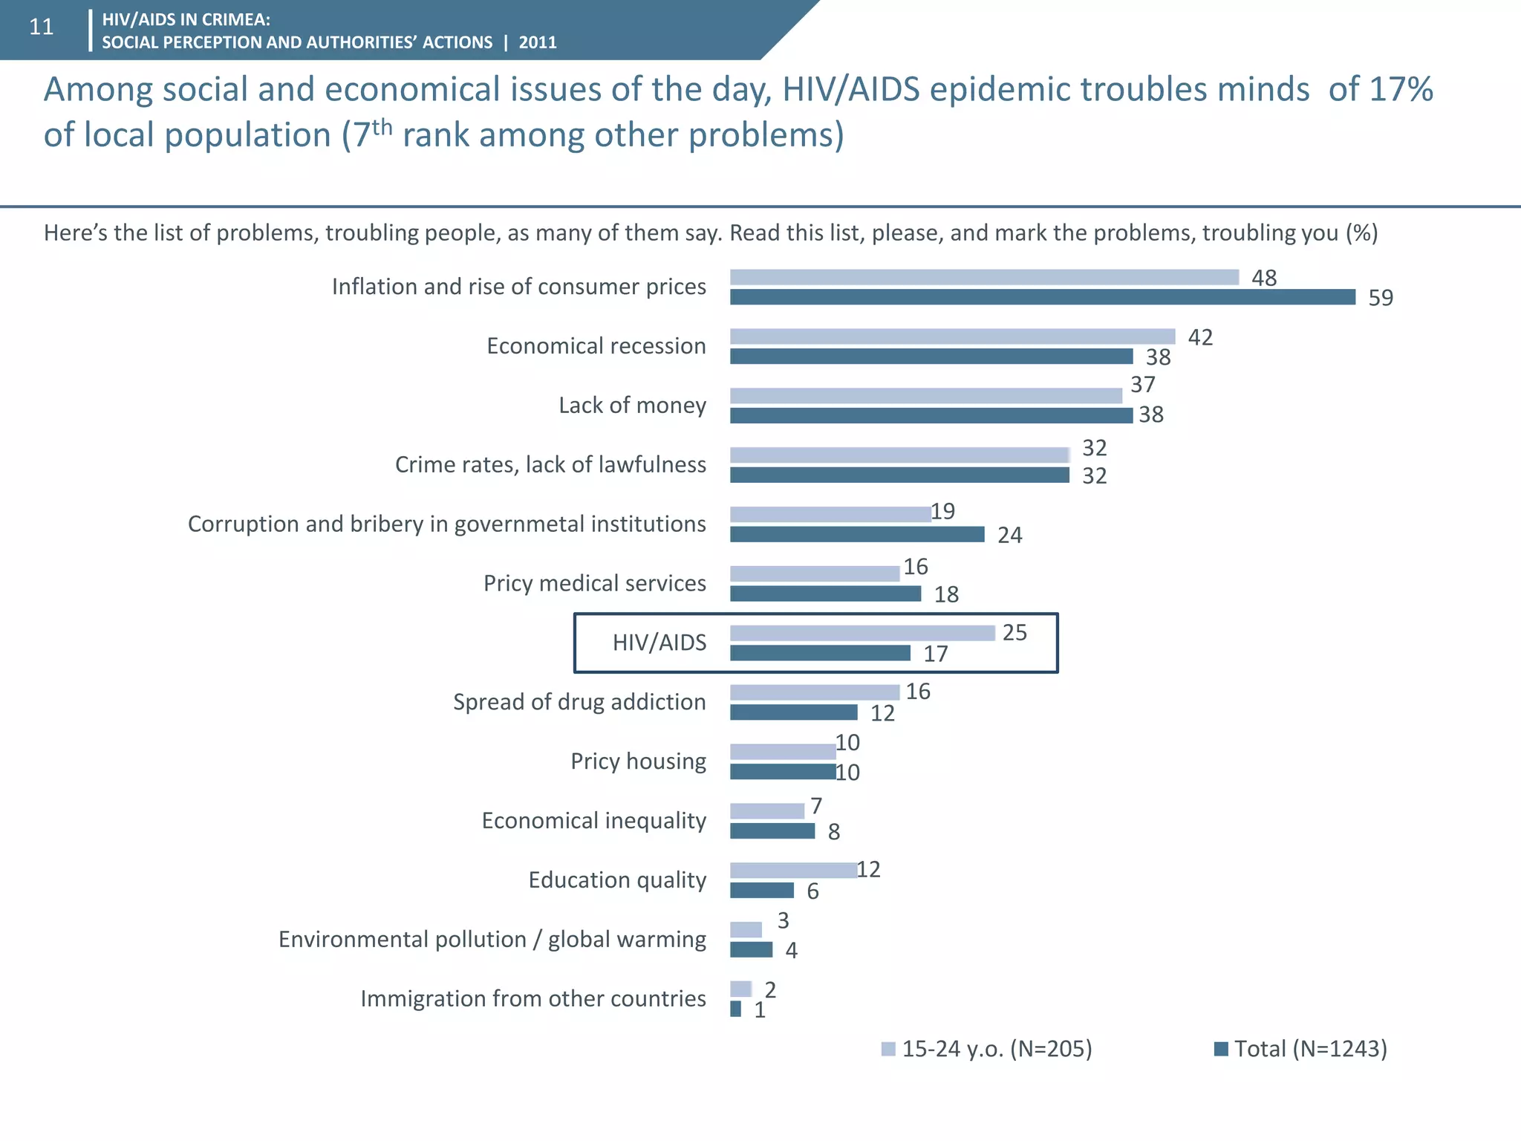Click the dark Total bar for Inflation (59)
click(1042, 297)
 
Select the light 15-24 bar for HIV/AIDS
click(862, 633)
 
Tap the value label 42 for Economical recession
click(1200, 337)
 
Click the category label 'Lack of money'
click(632, 406)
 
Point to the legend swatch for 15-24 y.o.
click(887, 1049)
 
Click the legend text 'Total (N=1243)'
click(1310, 1049)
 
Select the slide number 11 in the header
click(42, 27)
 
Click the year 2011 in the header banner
click(538, 42)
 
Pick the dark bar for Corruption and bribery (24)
click(856, 534)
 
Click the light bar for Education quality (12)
click(793, 871)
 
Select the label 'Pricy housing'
click(638, 761)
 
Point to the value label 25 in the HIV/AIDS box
click(1014, 633)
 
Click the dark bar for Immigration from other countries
click(735, 1009)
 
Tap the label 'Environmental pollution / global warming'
click(492, 940)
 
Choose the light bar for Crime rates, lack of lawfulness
click(899, 455)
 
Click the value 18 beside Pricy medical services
click(946, 594)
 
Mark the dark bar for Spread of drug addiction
click(793, 712)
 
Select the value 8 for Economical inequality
click(834, 832)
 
